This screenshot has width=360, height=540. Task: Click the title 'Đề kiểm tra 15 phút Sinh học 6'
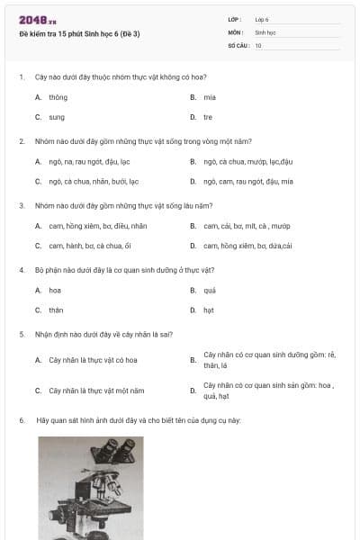[79, 34]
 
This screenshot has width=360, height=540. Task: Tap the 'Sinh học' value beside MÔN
[265, 31]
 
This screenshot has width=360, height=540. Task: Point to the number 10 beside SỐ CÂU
[258, 45]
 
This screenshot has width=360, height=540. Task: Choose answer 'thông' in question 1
[58, 97]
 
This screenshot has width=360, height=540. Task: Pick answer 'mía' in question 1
[210, 97]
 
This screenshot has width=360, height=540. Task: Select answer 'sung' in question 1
[57, 117]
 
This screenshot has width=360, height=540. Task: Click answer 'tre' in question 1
[208, 117]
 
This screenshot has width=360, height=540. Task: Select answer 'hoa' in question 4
[55, 291]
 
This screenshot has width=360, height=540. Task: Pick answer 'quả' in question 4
[210, 291]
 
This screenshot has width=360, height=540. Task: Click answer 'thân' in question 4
[56, 310]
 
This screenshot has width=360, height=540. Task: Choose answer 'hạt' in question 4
[209, 310]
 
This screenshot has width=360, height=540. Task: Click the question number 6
[22, 420]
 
